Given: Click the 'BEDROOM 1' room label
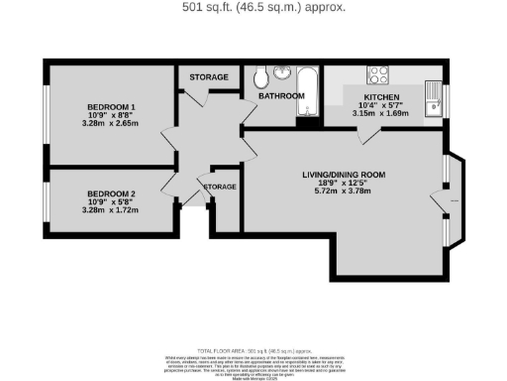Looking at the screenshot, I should (x=110, y=106).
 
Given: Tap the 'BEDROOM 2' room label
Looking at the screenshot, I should (x=110, y=193).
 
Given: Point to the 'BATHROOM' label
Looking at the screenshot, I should (x=281, y=96).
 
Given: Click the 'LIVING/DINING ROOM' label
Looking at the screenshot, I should (x=344, y=175).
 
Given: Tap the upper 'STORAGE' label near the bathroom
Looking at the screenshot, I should (x=210, y=77).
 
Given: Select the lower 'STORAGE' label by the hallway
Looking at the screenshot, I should (x=219, y=187).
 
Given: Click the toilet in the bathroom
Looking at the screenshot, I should (x=259, y=76).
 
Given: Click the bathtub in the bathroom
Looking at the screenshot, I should (x=307, y=92).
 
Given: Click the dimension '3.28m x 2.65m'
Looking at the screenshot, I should (x=110, y=124).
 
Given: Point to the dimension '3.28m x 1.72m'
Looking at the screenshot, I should (x=110, y=210).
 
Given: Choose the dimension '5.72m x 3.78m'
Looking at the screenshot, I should (x=344, y=192).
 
